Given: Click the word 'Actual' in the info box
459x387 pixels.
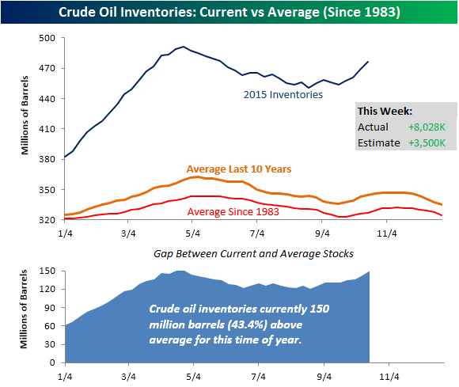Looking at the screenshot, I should (373, 127).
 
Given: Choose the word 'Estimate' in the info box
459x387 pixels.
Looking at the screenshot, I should (377, 142).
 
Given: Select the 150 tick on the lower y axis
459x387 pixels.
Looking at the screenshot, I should (50, 271).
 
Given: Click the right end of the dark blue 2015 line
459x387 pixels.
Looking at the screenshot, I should (368, 62).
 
